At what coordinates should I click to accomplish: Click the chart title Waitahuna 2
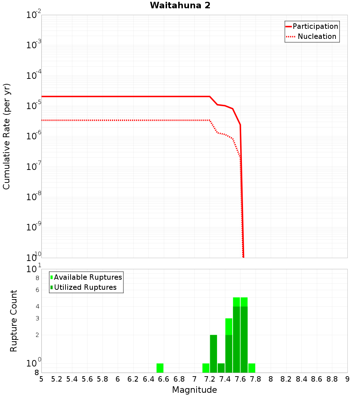coord(180,5)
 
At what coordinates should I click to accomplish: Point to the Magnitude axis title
coord(194,390)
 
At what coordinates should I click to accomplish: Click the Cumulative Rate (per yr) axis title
coord(6,136)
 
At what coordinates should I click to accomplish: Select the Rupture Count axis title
coord(14,321)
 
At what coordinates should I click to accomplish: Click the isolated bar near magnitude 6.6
coord(160,368)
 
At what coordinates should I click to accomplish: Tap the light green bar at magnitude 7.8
coord(252,368)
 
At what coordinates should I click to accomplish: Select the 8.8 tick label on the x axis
coord(332,379)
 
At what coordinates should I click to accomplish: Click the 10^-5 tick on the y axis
coord(33,106)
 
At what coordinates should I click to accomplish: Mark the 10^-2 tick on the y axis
coord(33,15)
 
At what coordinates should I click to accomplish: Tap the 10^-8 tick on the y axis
coord(33,197)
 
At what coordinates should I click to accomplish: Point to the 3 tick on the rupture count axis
coord(37,318)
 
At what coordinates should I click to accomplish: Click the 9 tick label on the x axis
coord(347,379)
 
